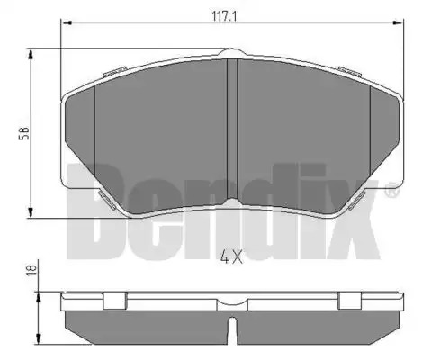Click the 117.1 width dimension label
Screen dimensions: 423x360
[225, 16]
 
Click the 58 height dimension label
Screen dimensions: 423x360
[24, 133]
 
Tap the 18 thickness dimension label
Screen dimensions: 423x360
[32, 269]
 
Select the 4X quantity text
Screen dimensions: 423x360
[231, 256]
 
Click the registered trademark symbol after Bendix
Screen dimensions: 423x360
[391, 190]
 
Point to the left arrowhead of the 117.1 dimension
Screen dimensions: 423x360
[66, 22]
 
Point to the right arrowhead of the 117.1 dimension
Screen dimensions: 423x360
[399, 22]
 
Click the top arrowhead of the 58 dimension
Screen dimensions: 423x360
[31, 55]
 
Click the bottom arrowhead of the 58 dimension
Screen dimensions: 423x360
[31, 212]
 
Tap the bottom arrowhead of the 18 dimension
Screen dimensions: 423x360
[38, 338]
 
